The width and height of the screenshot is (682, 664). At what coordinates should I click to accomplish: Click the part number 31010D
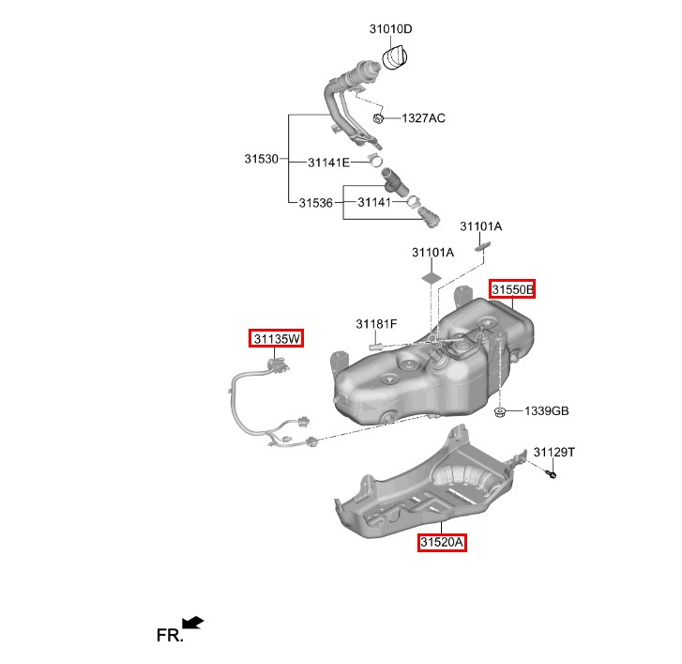(x=390, y=29)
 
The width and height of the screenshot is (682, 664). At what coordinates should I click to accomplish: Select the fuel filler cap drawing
(x=395, y=58)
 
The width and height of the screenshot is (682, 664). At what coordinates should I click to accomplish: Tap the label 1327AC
(x=423, y=118)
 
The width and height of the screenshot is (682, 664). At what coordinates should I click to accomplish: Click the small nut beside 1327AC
(x=378, y=118)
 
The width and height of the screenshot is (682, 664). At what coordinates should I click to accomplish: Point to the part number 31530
(x=261, y=159)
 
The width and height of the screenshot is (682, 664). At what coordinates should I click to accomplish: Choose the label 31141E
(x=328, y=162)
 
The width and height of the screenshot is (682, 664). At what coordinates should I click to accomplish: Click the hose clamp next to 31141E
(x=376, y=161)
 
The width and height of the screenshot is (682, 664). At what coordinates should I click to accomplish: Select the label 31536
(x=316, y=203)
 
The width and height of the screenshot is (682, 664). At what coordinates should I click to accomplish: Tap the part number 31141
(x=374, y=202)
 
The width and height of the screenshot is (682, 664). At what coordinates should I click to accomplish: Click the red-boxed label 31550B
(x=512, y=288)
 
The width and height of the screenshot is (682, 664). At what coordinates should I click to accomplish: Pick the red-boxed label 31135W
(x=276, y=338)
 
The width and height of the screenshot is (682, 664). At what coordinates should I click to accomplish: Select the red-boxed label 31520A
(x=442, y=542)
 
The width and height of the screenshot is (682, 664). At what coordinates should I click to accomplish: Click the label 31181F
(x=376, y=324)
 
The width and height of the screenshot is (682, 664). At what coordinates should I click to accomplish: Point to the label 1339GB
(x=546, y=411)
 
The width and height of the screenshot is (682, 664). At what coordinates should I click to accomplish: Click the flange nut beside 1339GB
(x=500, y=411)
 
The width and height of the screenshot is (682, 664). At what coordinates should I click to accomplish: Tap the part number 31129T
(x=553, y=453)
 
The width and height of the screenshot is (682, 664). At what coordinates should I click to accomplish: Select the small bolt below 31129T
(x=552, y=473)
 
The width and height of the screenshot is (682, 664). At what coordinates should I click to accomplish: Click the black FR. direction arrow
(x=192, y=623)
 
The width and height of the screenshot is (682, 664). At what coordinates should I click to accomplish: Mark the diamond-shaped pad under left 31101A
(x=432, y=277)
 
